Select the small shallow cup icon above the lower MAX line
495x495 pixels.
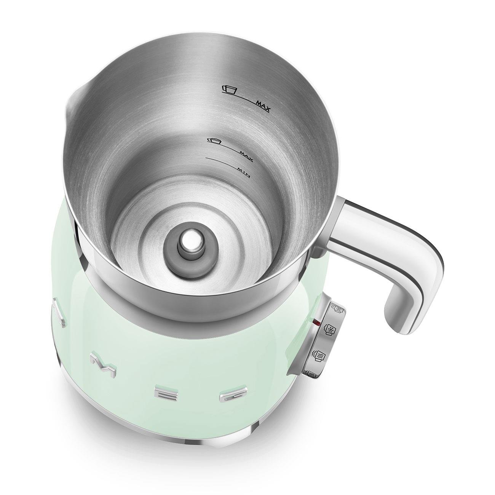pyautogui.click(x=214, y=141)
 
